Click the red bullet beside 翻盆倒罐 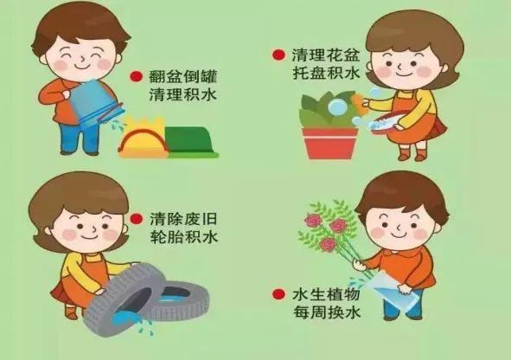[137, 77]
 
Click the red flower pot [329, 143]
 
